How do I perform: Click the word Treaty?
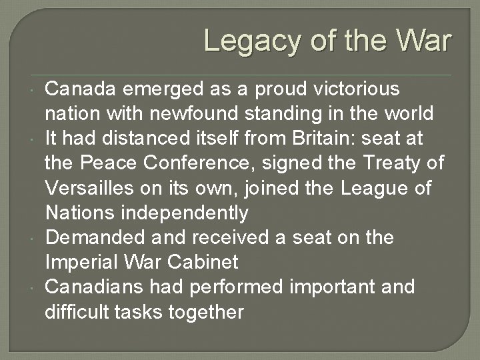tap(388, 163)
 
